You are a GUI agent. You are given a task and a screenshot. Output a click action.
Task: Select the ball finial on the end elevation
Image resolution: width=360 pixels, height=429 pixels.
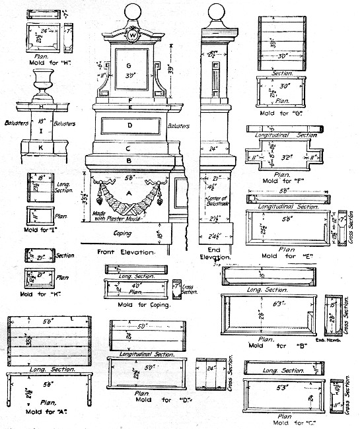point(216,13)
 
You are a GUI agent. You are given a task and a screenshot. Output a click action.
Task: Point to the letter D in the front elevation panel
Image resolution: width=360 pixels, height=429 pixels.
point(130,125)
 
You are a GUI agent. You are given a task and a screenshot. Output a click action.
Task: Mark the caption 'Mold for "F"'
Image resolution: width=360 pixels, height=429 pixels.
point(281,180)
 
